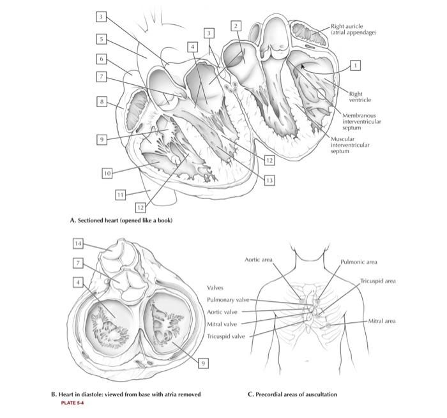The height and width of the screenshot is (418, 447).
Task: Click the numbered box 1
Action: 356,64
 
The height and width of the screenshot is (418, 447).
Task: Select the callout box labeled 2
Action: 236,25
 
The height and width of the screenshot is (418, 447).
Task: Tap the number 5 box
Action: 101,38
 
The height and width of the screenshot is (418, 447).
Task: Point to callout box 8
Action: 101,101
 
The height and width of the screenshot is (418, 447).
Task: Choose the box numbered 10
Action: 107,173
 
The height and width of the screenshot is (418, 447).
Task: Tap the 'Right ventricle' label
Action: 356,96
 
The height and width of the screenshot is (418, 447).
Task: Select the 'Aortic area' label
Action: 259,260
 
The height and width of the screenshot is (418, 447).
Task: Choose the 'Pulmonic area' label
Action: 358,262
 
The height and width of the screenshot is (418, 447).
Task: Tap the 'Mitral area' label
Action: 382,321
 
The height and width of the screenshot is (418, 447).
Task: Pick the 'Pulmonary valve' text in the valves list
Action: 228,299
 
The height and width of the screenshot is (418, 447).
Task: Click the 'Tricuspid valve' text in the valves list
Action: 226,336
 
